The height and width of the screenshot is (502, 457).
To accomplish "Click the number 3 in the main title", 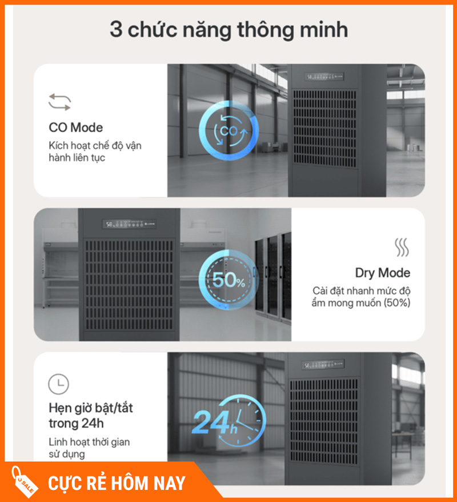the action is (116, 30).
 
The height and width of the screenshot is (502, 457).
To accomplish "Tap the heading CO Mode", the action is (76, 128).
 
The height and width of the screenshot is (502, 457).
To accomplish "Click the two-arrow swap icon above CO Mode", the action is (60, 102).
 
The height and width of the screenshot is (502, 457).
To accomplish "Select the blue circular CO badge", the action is (228, 130).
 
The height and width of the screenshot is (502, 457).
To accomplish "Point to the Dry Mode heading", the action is (383, 273).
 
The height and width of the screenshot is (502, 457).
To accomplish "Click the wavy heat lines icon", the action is (402, 247).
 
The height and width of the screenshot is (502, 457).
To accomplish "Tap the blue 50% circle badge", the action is (228, 280).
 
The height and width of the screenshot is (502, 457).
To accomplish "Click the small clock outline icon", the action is (58, 384).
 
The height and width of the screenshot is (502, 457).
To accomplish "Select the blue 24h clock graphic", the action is (229, 420).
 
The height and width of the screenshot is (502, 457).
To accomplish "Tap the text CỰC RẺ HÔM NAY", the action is (117, 483).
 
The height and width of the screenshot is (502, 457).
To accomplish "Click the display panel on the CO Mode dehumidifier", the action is (324, 77).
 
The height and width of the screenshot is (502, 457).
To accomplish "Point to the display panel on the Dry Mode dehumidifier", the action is (130, 224).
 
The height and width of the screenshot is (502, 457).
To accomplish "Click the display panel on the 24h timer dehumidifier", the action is (323, 364).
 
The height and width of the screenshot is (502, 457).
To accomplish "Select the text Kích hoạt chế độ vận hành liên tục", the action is (95, 152).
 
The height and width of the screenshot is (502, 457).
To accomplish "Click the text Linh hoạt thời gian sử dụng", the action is (89, 448).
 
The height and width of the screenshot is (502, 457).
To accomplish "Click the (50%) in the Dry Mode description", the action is (397, 302).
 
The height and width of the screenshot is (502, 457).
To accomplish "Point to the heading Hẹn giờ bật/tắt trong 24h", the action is (90, 416).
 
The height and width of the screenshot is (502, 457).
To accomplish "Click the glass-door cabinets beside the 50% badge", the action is (273, 277).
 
